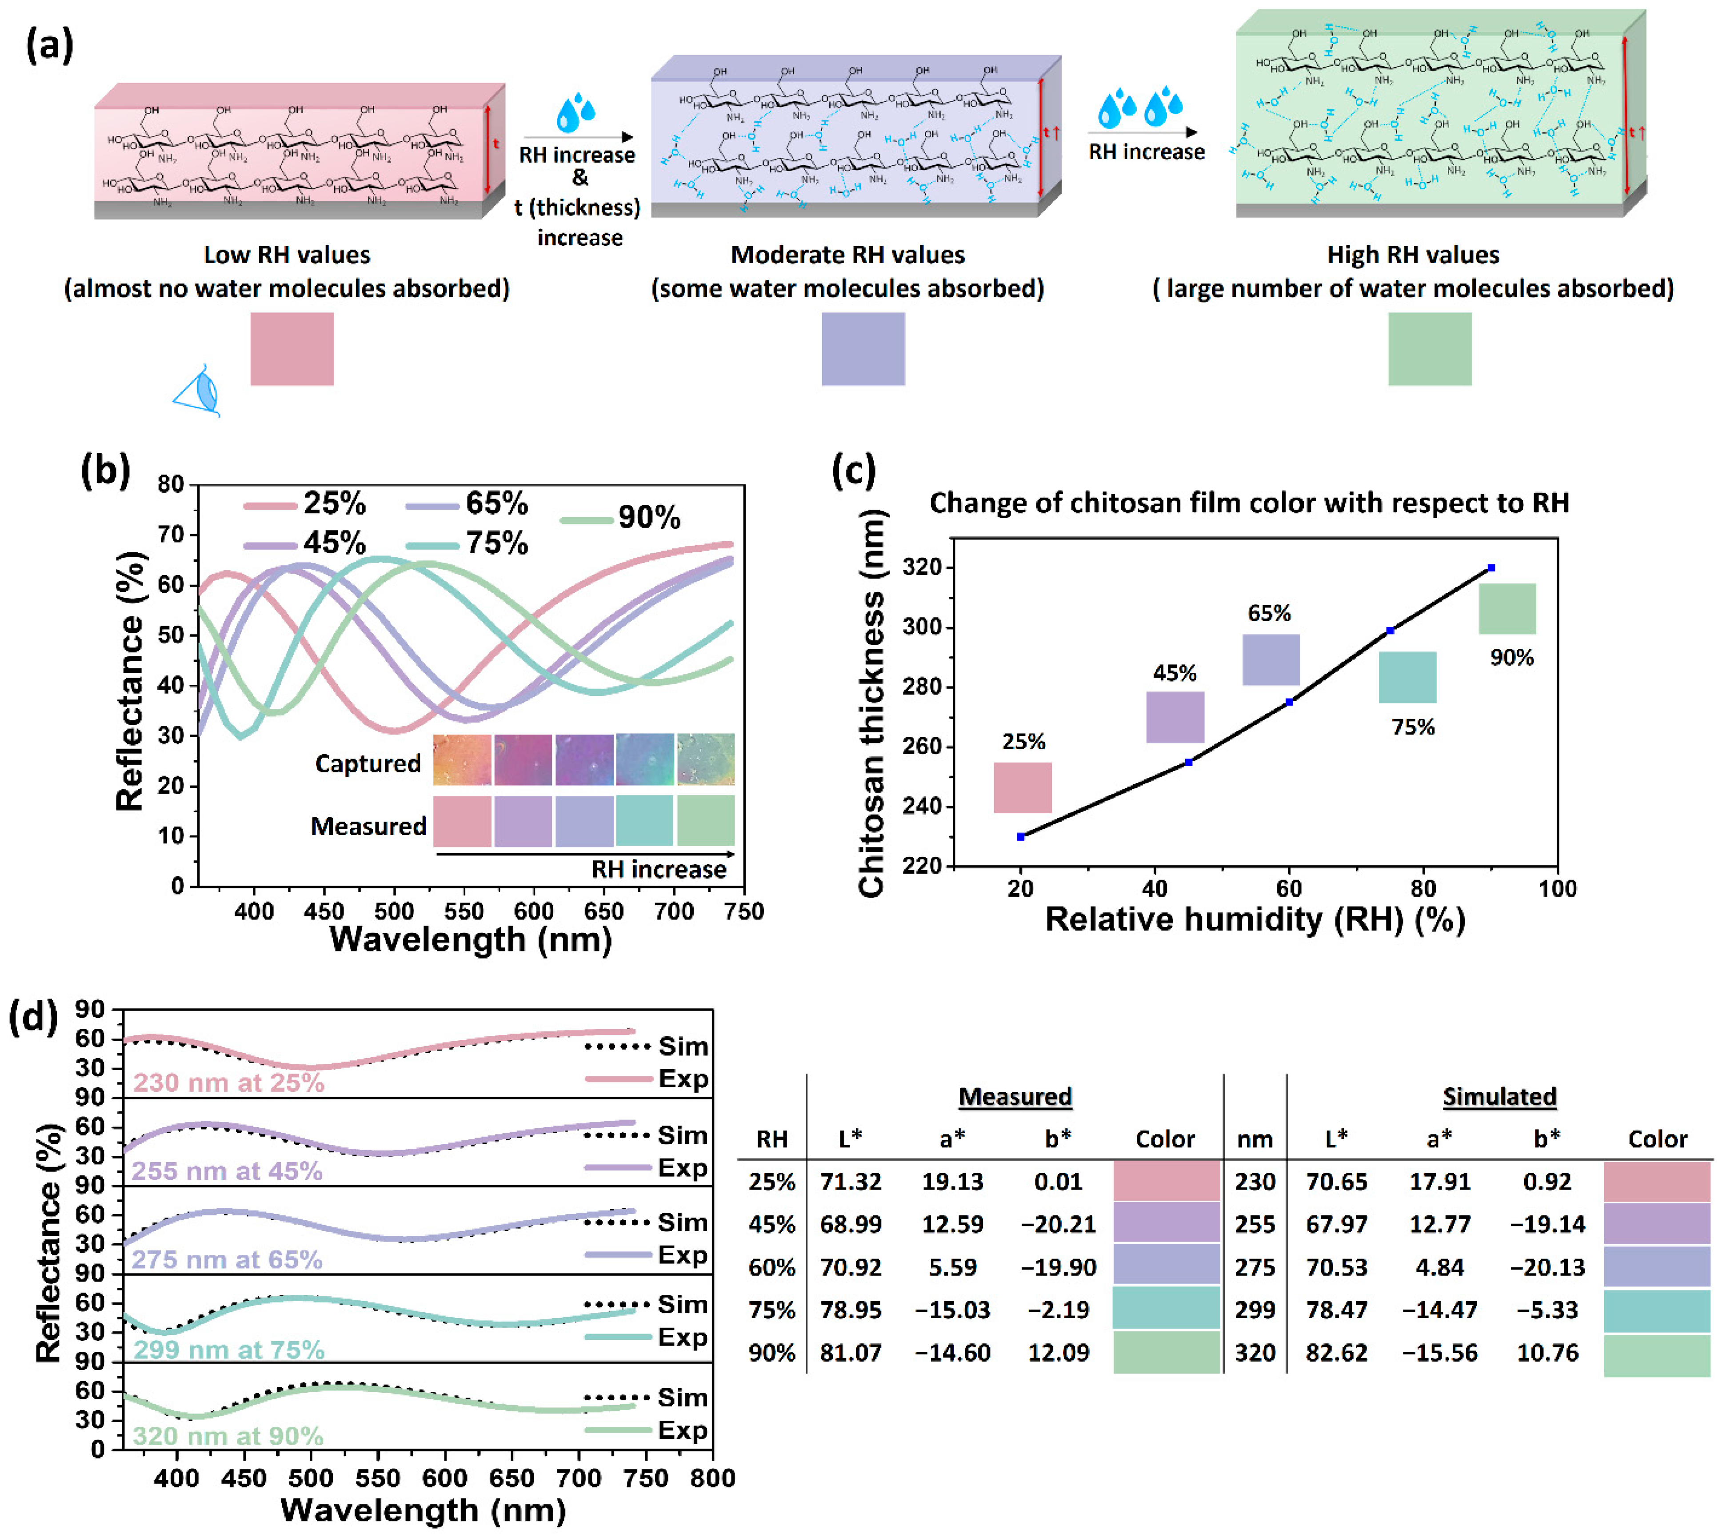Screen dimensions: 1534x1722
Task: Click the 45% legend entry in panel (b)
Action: click(305, 543)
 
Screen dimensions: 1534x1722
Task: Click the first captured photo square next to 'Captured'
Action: click(462, 759)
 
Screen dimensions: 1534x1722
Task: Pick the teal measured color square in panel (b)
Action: click(644, 820)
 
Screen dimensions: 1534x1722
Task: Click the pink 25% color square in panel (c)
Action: click(1023, 787)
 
